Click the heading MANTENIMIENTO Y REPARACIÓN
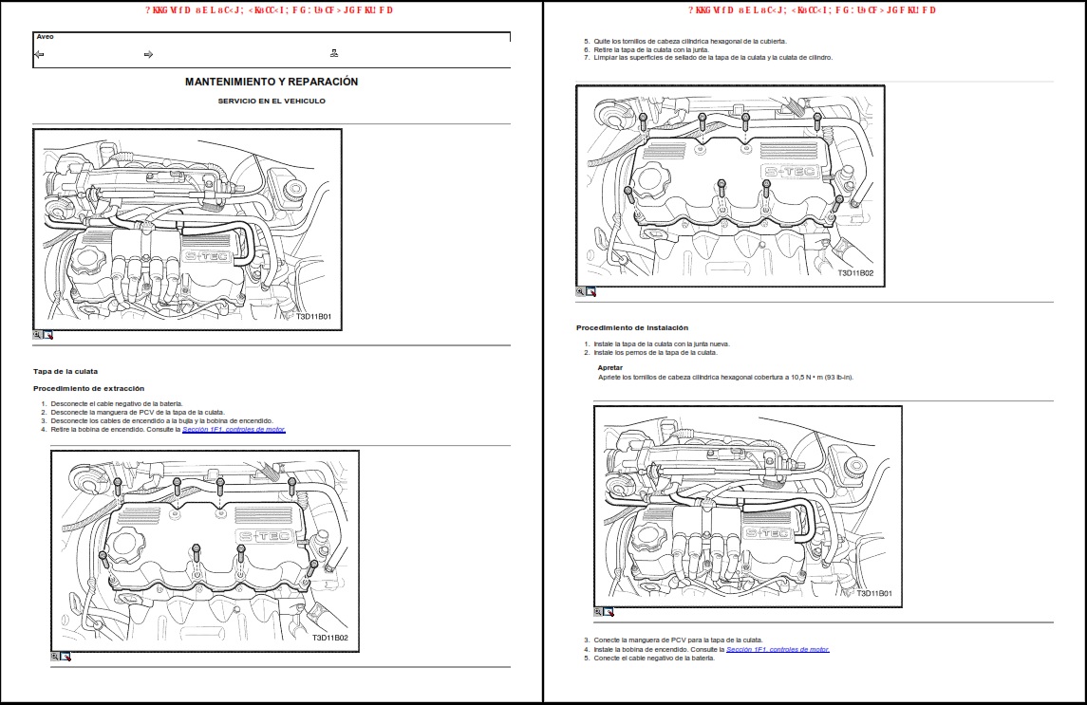tap(272, 82)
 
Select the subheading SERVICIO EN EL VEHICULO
tap(272, 101)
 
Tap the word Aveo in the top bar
tap(45, 37)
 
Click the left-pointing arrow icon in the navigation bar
tap(39, 54)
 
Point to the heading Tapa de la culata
tap(66, 371)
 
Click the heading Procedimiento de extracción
tap(88, 388)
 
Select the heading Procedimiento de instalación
tap(631, 327)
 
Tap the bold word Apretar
tap(610, 367)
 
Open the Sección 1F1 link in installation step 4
tap(778, 649)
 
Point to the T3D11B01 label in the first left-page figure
tap(313, 317)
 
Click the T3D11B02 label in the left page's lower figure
tap(329, 638)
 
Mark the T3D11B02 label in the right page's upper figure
tap(854, 273)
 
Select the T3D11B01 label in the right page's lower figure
tap(873, 593)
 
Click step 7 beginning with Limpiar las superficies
tap(712, 57)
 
